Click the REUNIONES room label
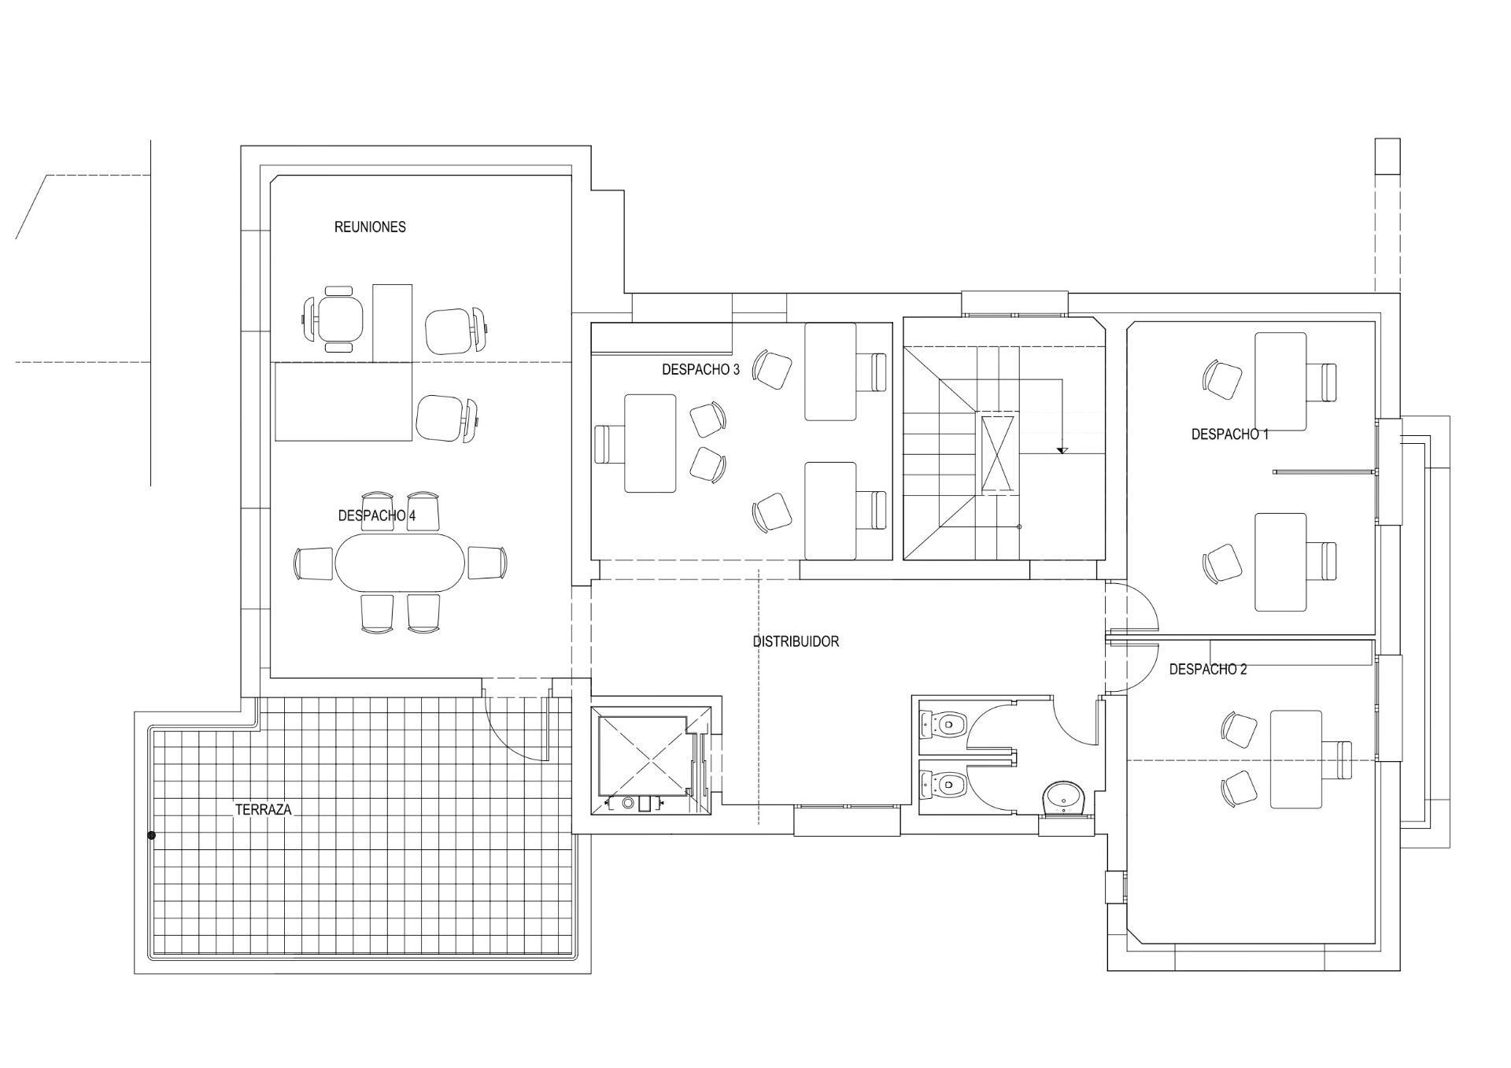coord(370,227)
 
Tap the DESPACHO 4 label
coord(377,516)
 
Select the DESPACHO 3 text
coord(700,369)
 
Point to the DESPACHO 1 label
coord(1229,434)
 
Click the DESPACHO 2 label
coord(1208,669)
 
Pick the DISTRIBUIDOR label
coord(796,641)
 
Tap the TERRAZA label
coord(264,809)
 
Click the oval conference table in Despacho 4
coord(400,563)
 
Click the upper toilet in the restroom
coord(944,722)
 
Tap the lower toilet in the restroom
coord(944,784)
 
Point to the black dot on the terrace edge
coord(151,835)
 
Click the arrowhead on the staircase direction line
coord(1062,450)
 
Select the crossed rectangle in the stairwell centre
coord(997,454)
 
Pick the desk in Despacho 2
coord(1295,759)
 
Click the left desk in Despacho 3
coord(650,443)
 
